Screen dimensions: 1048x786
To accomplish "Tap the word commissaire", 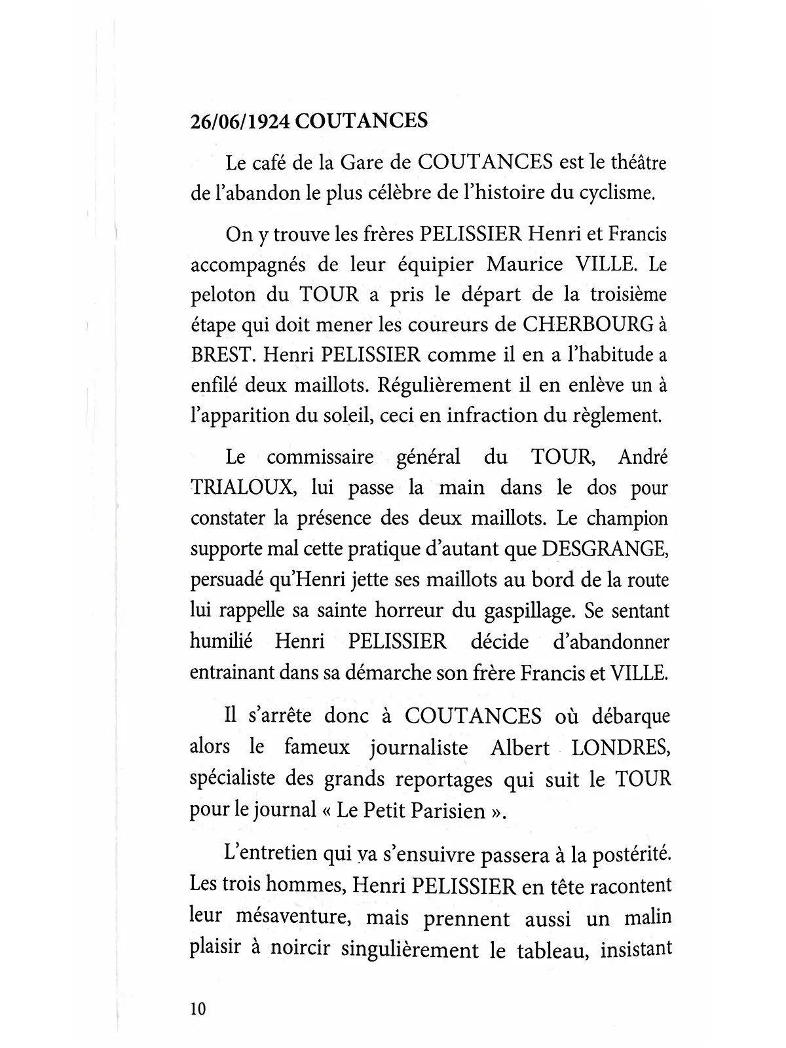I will point(320,457).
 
